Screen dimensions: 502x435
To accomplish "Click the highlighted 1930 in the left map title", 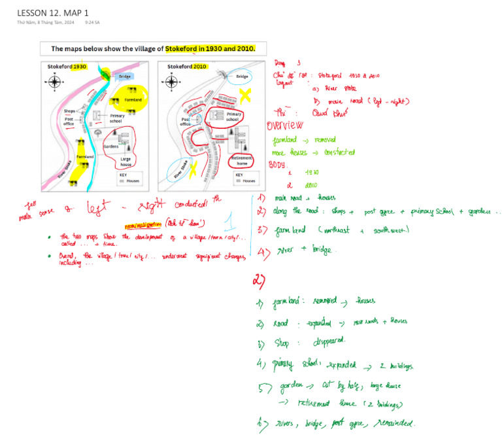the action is pyautogui.click(x=79, y=67).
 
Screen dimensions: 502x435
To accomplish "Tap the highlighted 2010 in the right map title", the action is pyautogui.click(x=199, y=67).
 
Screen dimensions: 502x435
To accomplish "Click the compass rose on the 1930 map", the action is pyautogui.click(x=55, y=82).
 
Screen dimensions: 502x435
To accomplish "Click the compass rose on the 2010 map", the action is pyautogui.click(x=173, y=82).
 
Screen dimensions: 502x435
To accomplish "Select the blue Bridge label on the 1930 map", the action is pyautogui.click(x=123, y=77).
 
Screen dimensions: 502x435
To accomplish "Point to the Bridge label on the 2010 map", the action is pyautogui.click(x=242, y=77).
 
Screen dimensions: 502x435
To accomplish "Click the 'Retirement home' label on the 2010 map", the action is pyautogui.click(x=242, y=160).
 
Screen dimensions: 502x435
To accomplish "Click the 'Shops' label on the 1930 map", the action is pyautogui.click(x=71, y=111).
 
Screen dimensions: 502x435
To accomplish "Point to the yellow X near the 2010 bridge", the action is pyautogui.click(x=246, y=97).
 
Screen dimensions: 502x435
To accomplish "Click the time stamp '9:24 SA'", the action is pyautogui.click(x=92, y=23).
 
